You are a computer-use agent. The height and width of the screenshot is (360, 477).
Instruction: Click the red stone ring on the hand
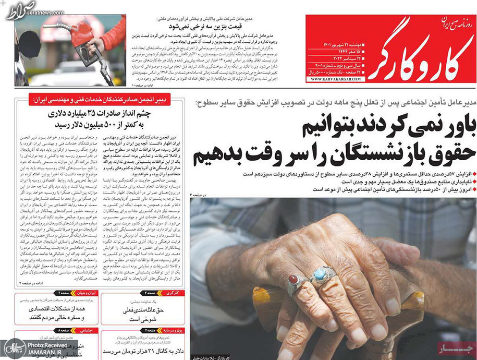pos(293,282)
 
